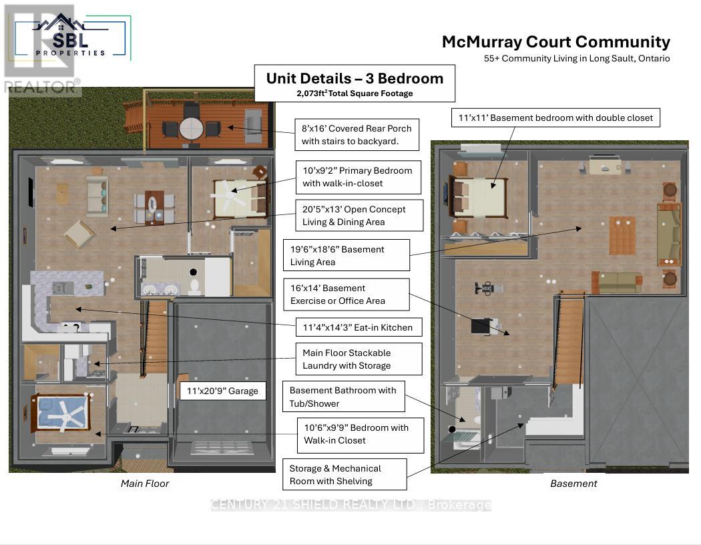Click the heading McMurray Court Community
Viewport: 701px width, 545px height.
click(555, 42)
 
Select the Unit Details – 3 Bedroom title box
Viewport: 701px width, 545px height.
click(355, 83)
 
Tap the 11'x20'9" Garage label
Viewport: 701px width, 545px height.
click(223, 391)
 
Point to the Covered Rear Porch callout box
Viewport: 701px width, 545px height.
click(357, 134)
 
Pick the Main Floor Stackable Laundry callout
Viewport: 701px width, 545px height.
click(359, 359)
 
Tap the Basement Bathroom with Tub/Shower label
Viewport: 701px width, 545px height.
click(342, 397)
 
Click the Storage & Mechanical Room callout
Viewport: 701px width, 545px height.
click(344, 474)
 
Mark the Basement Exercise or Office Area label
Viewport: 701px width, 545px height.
click(346, 295)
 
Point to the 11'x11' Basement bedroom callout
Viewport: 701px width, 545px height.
click(555, 118)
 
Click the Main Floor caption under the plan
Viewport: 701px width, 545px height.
click(145, 484)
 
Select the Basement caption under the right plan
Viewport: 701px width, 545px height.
click(573, 484)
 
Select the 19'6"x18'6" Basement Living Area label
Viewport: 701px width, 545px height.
click(346, 255)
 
